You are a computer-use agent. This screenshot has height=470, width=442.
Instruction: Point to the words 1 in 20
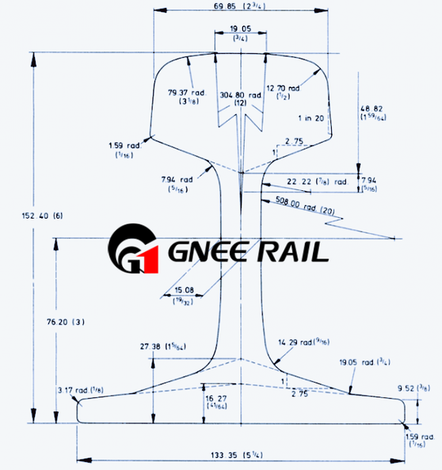coord(311,118)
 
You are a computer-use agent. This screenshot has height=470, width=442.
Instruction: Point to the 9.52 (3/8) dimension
coord(412,389)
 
